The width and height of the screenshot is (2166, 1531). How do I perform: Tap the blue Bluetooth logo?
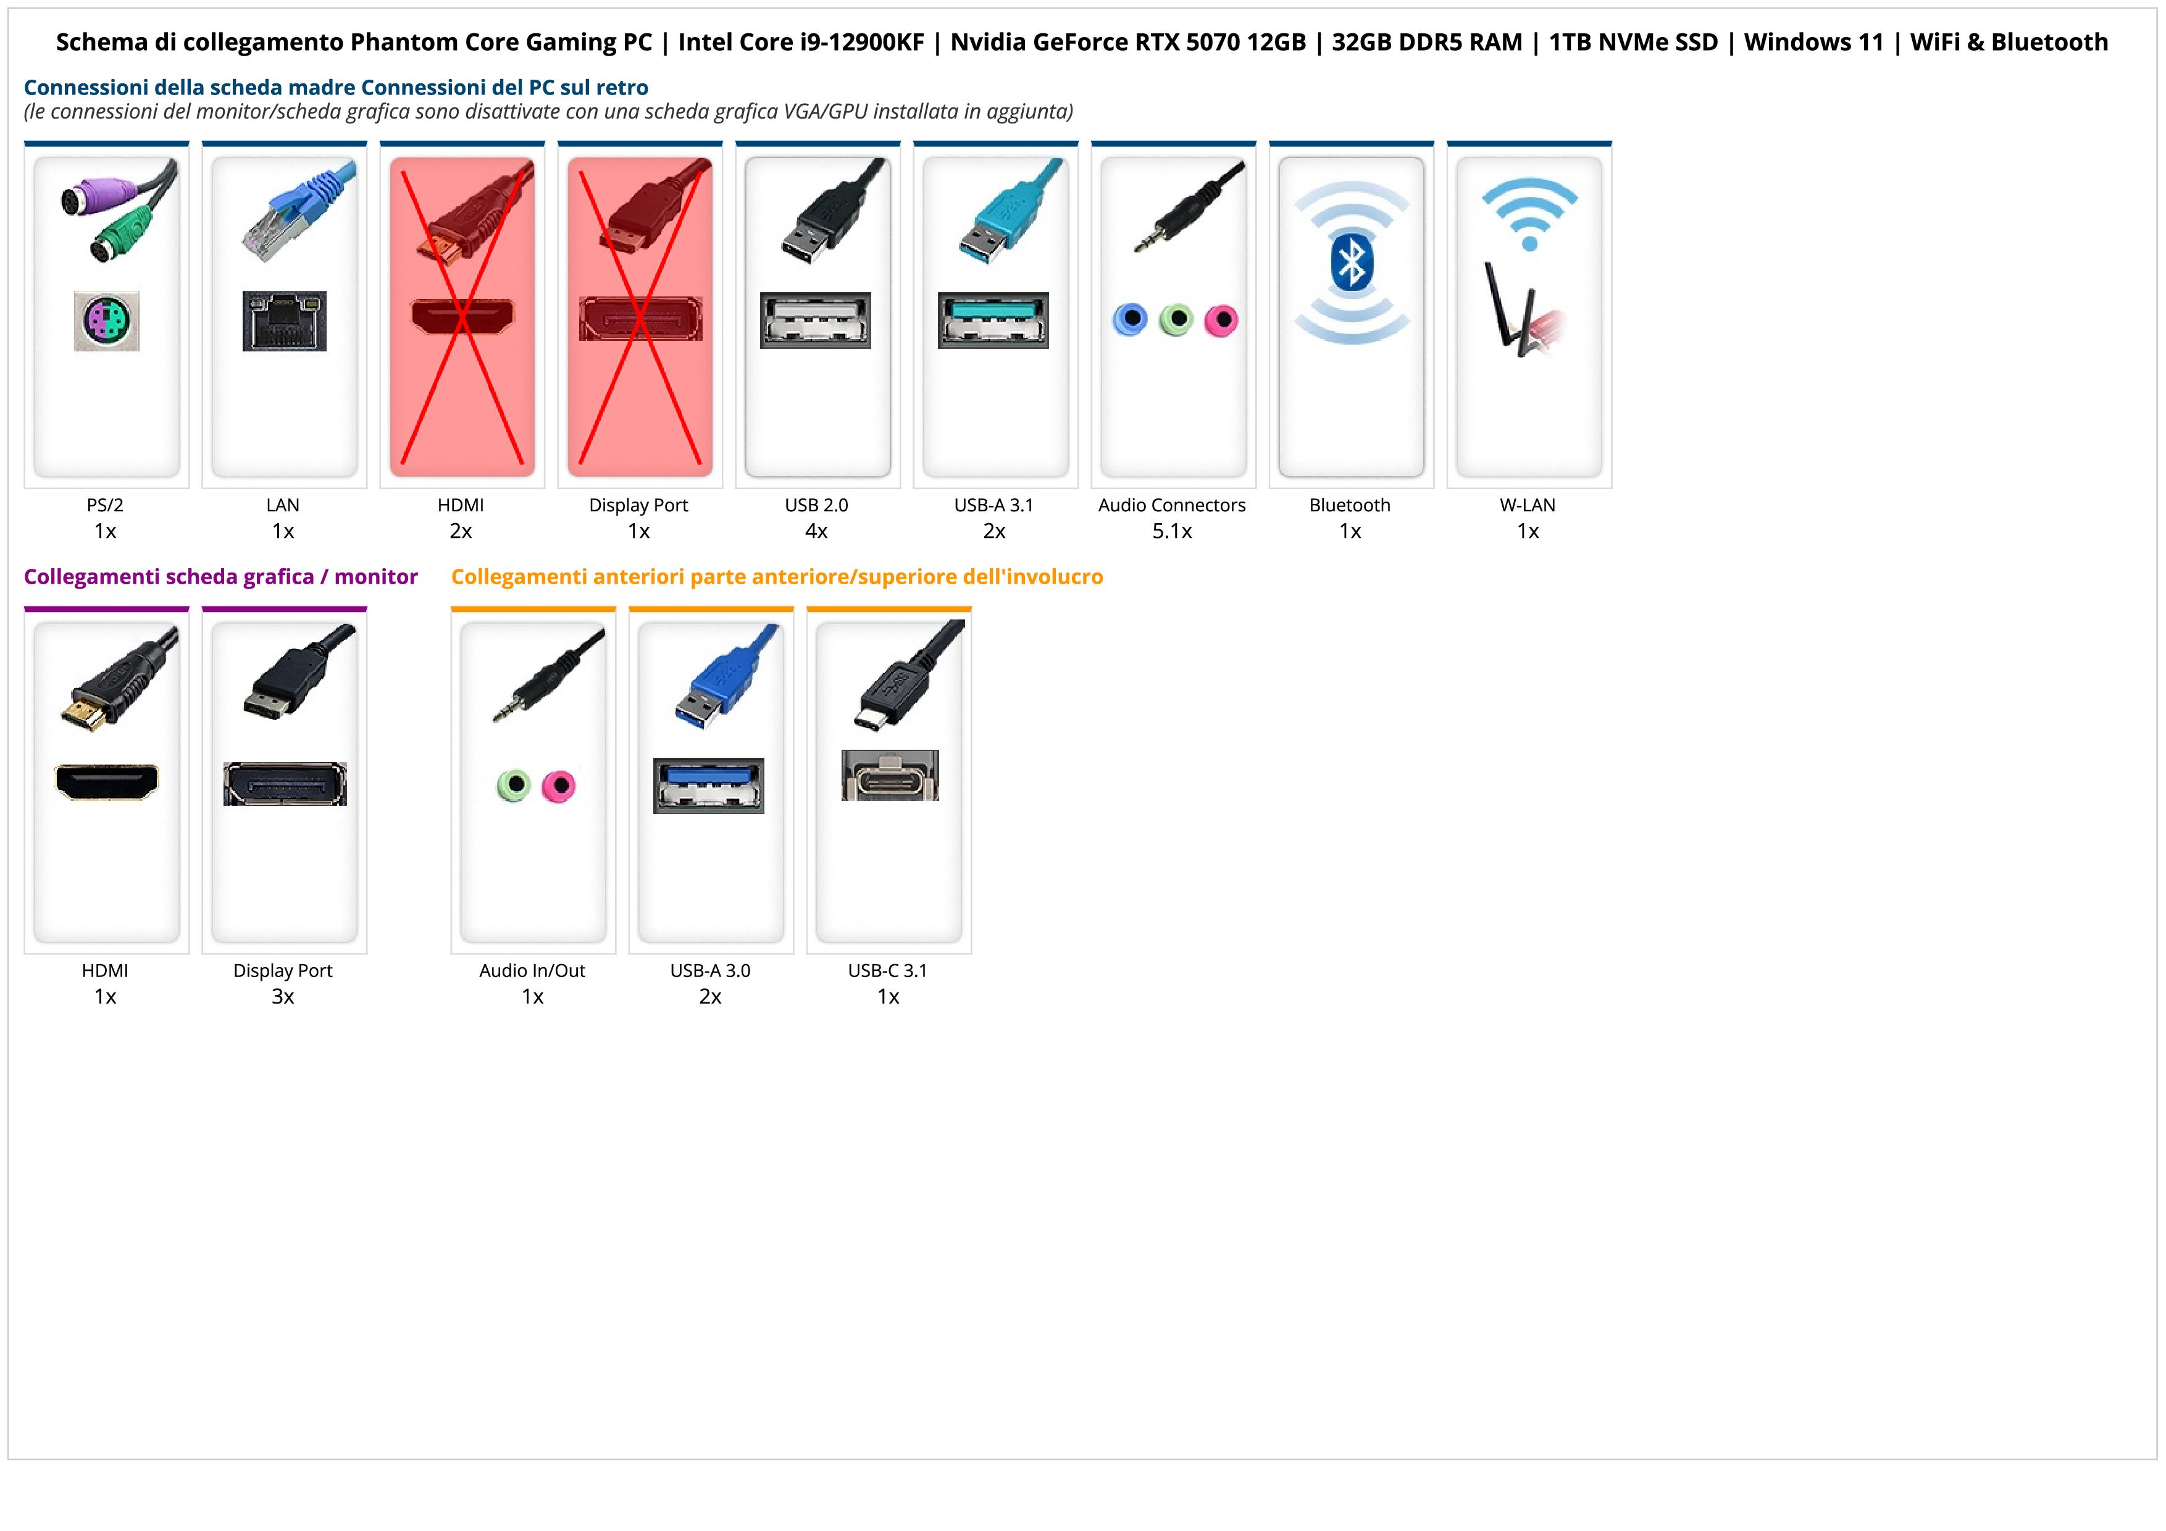(1351, 262)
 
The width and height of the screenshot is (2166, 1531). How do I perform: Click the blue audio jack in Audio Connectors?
(1129, 320)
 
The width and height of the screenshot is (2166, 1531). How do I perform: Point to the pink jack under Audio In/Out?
(559, 786)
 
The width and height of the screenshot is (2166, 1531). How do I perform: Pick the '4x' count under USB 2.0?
(816, 531)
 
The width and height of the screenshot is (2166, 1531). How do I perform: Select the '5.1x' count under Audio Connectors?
(1172, 531)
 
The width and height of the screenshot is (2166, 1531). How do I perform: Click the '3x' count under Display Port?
(283, 996)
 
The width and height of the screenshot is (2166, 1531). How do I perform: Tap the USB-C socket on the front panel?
(890, 776)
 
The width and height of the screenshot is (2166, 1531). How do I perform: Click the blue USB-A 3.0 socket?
(708, 785)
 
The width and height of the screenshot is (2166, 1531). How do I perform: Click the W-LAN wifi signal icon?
(1529, 215)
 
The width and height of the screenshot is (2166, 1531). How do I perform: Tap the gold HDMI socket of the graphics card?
(107, 782)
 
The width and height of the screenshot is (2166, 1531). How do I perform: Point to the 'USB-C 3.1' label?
(888, 971)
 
